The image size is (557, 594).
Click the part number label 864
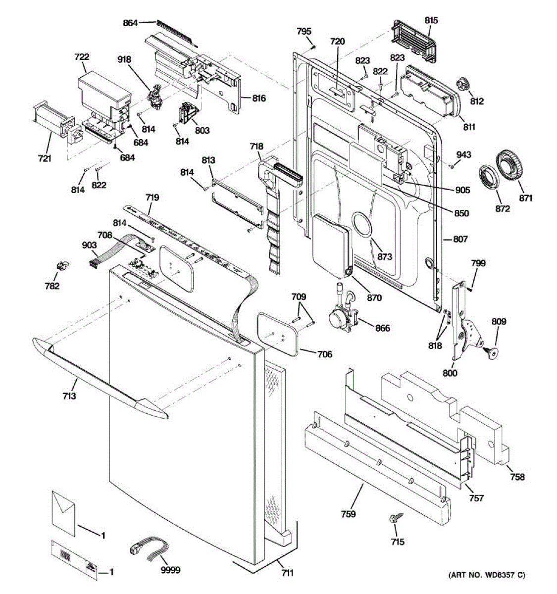[x=130, y=23]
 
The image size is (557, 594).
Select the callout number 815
[x=431, y=20]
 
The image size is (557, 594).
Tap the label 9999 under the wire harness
[x=171, y=570]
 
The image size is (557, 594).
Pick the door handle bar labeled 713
[x=101, y=378]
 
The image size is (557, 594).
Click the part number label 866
[x=383, y=328]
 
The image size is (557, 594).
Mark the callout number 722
[x=82, y=57]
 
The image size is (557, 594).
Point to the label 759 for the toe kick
[x=349, y=514]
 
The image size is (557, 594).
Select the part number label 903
[x=89, y=245]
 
